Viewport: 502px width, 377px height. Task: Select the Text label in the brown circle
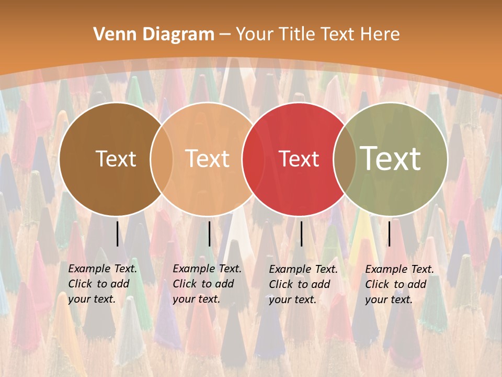coord(116,159)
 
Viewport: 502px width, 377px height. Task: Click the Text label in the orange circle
coord(208,159)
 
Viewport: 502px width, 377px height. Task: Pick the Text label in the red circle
coord(299,159)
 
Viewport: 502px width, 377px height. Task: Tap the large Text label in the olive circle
coord(391,158)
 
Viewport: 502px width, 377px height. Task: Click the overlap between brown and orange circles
coord(162,159)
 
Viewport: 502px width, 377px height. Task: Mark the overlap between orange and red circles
coord(253,159)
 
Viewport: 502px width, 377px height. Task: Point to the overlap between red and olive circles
coord(345,159)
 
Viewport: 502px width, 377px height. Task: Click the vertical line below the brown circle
coord(118,234)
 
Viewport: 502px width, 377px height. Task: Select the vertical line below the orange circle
coord(210,234)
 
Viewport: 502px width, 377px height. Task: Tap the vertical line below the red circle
coord(302,234)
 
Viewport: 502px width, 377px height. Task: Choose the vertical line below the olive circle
coord(390,234)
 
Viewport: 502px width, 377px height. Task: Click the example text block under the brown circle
coord(102,284)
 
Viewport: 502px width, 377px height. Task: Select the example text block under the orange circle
coord(207,284)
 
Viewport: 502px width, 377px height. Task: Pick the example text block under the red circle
coord(303,284)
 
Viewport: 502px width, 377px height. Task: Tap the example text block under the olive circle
coord(400,284)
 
